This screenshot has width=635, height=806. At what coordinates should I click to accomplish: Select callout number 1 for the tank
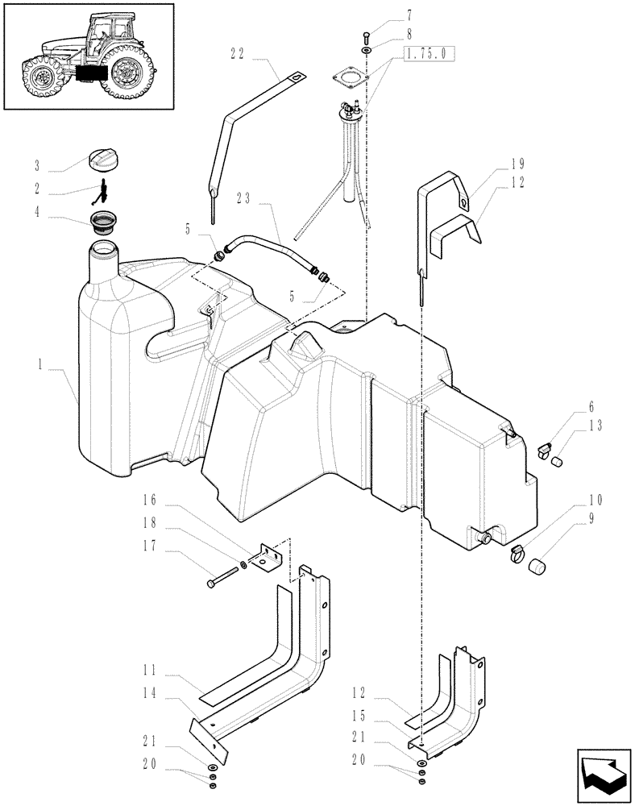click(x=38, y=364)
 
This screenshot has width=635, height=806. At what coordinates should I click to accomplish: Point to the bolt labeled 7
click(x=367, y=34)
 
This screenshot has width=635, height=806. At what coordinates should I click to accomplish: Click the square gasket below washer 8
click(x=351, y=77)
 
